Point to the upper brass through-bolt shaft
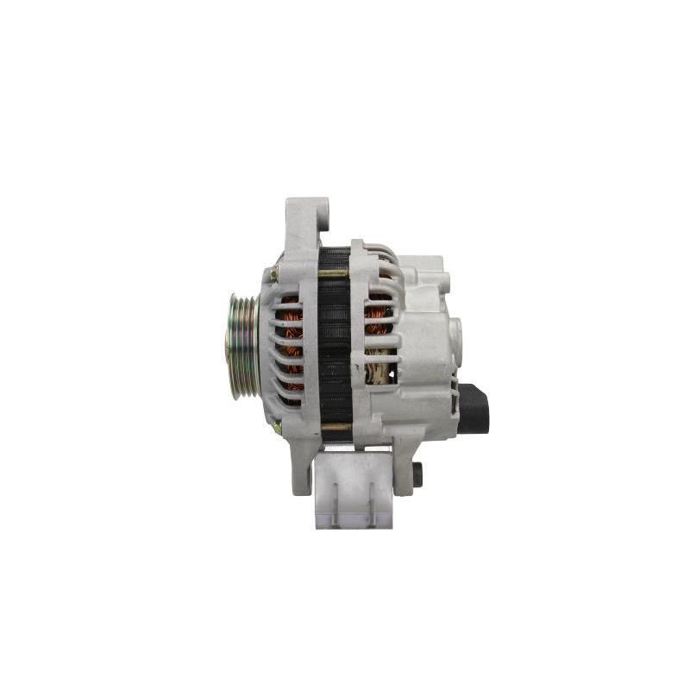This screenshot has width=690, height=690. click(x=333, y=273)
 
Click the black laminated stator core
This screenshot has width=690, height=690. click(x=334, y=345)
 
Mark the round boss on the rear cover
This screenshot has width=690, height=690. click(x=455, y=336)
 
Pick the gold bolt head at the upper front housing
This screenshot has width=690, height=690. click(x=273, y=275)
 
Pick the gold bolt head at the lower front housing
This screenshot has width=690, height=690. click(x=276, y=426)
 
